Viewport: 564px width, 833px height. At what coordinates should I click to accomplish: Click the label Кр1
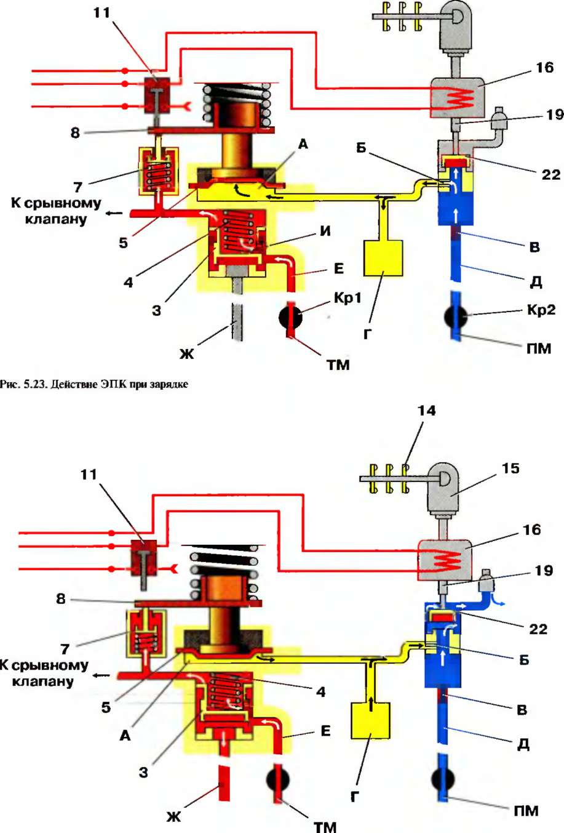click(348, 298)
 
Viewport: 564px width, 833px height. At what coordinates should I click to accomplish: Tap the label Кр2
click(541, 310)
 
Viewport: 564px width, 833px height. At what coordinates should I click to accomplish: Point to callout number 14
click(426, 411)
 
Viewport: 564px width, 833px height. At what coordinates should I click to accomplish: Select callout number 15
click(510, 469)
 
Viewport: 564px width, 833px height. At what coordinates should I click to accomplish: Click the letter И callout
click(325, 231)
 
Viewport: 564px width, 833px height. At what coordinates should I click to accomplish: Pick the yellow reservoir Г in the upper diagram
click(383, 258)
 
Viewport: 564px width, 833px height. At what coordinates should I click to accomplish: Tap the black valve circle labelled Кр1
click(290, 317)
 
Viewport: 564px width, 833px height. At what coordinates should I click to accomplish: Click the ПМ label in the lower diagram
click(526, 811)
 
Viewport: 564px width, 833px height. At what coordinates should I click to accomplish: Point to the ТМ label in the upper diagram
click(338, 364)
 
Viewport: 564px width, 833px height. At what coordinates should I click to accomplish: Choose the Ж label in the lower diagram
click(173, 816)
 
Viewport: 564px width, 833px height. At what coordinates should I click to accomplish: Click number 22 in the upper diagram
click(551, 174)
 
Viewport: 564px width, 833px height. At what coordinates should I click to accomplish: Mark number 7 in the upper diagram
click(77, 187)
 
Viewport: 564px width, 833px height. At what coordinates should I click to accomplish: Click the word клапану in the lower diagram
click(42, 682)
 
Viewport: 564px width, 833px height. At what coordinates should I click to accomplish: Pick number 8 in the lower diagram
click(60, 598)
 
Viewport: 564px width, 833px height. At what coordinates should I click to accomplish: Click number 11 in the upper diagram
click(101, 13)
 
